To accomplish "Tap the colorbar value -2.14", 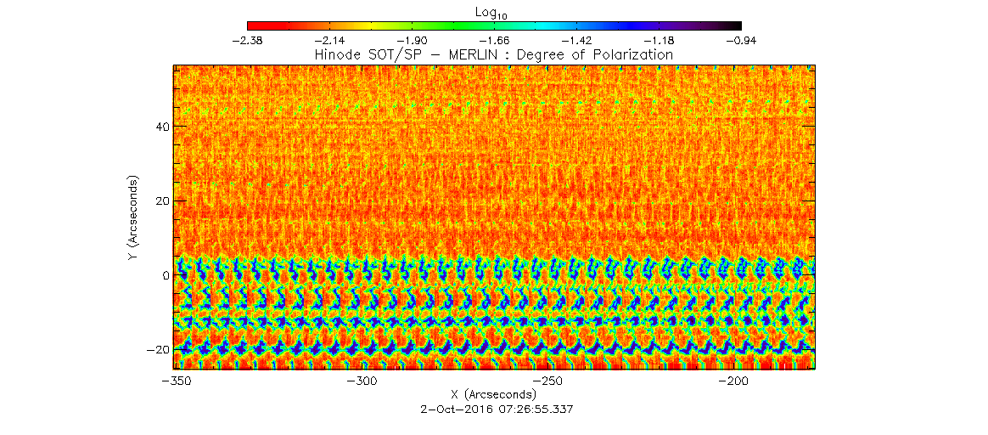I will [x=328, y=40].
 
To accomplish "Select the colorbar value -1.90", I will [x=411, y=40].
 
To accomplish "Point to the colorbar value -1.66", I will [x=494, y=40].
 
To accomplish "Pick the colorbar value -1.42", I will [x=576, y=40].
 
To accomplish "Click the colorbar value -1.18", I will [x=659, y=40].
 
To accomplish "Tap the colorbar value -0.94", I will [x=741, y=40].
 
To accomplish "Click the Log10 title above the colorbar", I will [x=493, y=11].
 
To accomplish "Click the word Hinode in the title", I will [x=336, y=54].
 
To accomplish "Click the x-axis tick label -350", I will [x=175, y=381].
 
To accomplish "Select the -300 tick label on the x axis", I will [x=361, y=381].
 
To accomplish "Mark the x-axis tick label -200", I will [x=733, y=381].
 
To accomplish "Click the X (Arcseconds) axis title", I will [x=493, y=394].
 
